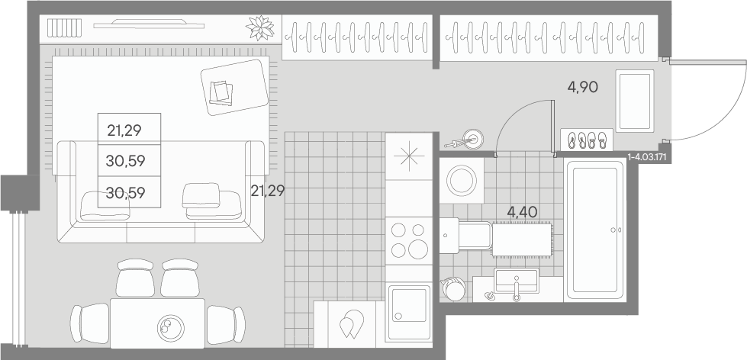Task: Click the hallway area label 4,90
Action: coord(583,87)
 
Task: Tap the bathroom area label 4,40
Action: coord(522,212)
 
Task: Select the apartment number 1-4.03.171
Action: coord(647,156)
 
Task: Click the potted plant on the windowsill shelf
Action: coord(260,28)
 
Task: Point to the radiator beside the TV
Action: coord(64,28)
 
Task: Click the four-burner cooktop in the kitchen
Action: coord(409,241)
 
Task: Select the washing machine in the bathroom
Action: coord(461,181)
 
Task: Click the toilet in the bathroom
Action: coord(466,235)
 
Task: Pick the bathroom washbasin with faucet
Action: coord(516,282)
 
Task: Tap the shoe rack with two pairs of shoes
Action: coord(587,140)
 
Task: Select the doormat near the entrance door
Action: coord(635,101)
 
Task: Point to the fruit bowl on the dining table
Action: coord(170,328)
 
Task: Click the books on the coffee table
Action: coord(221,92)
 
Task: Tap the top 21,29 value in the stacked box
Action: coord(124,130)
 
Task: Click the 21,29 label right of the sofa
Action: coord(268,191)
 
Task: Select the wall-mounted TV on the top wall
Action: coord(149,24)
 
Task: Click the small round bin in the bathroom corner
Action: coord(454,288)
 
